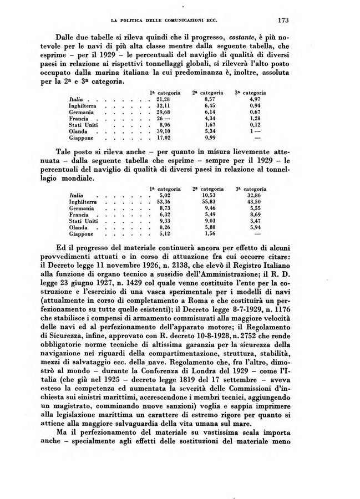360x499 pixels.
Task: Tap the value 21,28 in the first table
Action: (x=163, y=98)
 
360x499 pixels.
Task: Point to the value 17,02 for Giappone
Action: (x=163, y=139)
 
